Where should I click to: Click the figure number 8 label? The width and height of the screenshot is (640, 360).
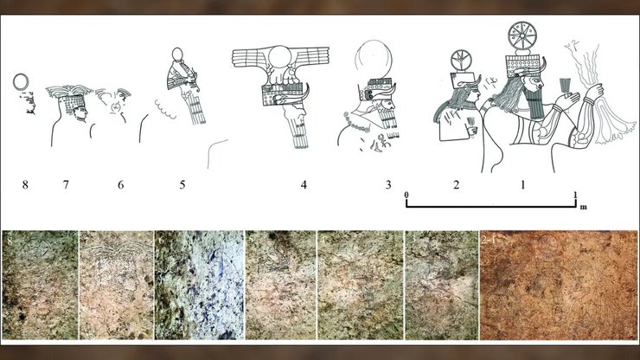(x=25, y=184)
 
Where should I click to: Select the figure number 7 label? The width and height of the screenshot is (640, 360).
(x=66, y=184)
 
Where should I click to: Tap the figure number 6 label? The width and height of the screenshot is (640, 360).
(x=121, y=184)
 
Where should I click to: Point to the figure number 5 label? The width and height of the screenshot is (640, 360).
(x=182, y=184)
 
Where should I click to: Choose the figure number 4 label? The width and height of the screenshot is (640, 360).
(x=304, y=184)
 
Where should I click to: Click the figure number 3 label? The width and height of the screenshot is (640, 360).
(x=388, y=184)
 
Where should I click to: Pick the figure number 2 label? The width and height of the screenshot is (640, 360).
(x=457, y=184)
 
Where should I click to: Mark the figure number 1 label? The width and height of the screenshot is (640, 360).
(x=523, y=184)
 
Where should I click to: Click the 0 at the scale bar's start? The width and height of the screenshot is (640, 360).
(x=406, y=195)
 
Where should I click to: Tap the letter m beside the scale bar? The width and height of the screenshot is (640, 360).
(x=584, y=207)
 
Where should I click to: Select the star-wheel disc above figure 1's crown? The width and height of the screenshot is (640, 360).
(x=522, y=35)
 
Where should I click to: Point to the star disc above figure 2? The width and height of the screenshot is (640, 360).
(x=461, y=61)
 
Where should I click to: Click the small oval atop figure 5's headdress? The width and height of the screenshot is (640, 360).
(x=177, y=54)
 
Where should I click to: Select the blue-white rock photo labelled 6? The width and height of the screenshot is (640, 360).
(x=200, y=285)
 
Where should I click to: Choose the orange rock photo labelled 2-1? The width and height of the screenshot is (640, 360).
(x=559, y=286)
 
